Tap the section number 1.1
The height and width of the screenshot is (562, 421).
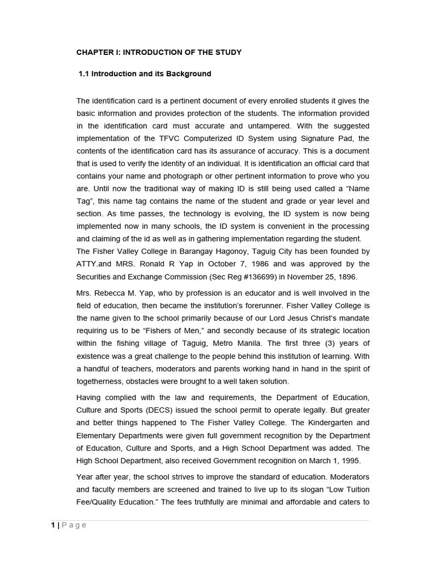(x=84, y=74)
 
